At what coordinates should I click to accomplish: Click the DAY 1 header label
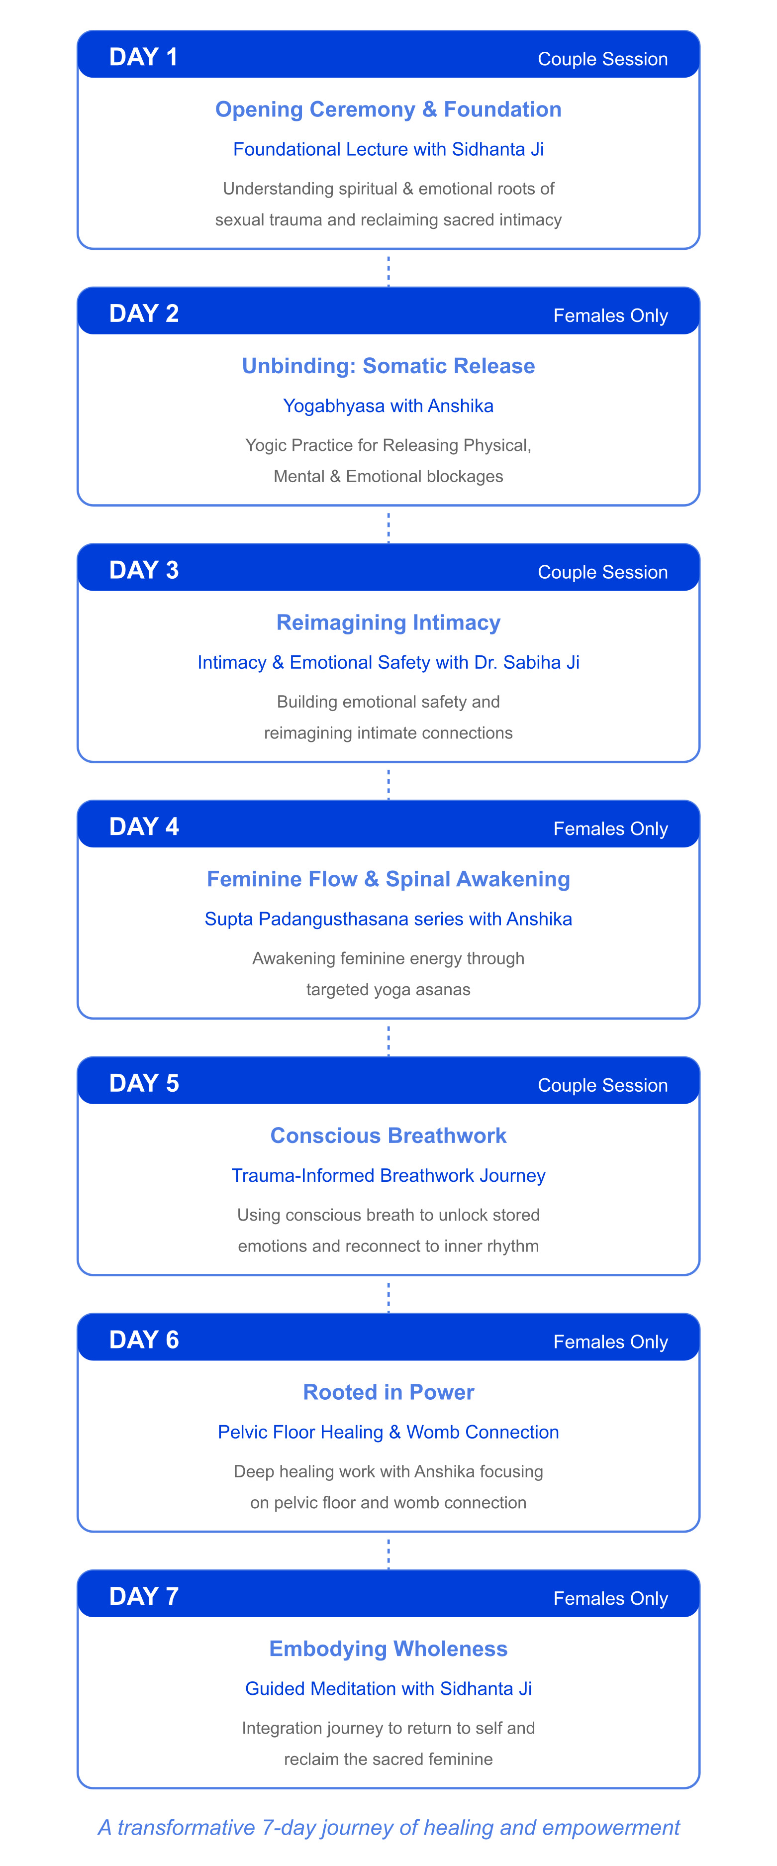(x=143, y=57)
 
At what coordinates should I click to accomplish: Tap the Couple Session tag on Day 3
(x=602, y=572)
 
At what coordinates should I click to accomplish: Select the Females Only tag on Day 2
(x=610, y=316)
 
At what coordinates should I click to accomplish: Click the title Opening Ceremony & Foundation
(x=388, y=109)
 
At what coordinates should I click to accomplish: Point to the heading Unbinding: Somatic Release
(x=388, y=366)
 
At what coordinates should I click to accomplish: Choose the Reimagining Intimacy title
(x=388, y=622)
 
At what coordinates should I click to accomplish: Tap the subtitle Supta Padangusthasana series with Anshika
(x=388, y=919)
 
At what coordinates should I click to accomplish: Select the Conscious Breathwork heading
(x=388, y=1135)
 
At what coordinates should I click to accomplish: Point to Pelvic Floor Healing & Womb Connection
(x=388, y=1432)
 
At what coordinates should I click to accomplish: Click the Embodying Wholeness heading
(x=388, y=1649)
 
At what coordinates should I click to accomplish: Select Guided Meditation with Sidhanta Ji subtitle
(x=388, y=1688)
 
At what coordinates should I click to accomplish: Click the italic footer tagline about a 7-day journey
(x=388, y=1828)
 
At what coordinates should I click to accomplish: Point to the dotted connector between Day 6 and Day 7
(x=388, y=1554)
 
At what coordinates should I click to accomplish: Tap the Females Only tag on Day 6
(x=610, y=1342)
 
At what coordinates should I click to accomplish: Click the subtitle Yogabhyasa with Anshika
(x=388, y=406)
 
